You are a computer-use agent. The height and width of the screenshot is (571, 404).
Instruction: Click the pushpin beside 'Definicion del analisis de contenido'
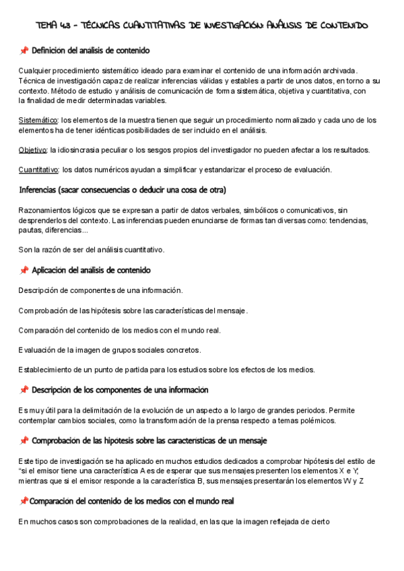tap(24, 51)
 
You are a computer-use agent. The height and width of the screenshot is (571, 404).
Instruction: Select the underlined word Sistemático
tap(38, 121)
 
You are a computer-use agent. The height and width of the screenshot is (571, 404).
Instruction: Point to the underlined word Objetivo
tap(32, 150)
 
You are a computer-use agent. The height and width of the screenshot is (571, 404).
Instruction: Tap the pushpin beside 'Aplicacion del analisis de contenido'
tap(24, 271)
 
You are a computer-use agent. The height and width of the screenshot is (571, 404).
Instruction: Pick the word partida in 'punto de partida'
tap(129, 370)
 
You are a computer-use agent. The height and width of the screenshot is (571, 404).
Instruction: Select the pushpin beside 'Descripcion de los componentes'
tap(24, 391)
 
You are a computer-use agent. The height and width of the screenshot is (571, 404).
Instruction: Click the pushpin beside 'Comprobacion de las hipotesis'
tap(24, 441)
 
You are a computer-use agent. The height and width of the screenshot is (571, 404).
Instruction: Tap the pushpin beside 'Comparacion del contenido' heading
tap(24, 502)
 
